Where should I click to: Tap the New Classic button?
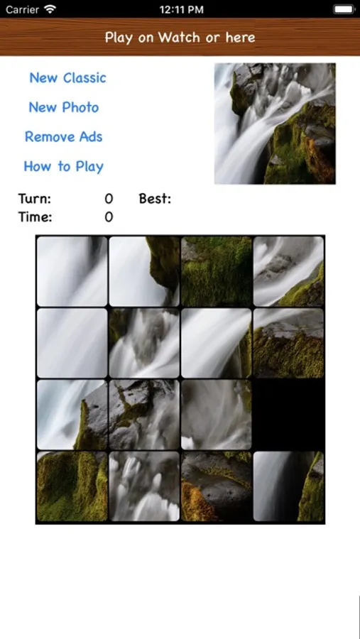click(67, 77)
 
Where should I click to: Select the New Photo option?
click(64, 107)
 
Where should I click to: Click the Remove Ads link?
click(64, 136)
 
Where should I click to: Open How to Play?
click(64, 166)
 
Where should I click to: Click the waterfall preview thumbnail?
click(275, 124)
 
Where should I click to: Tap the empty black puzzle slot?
click(289, 415)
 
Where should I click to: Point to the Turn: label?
click(35, 199)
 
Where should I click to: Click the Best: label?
click(155, 199)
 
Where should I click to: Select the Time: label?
click(35, 217)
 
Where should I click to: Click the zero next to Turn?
click(109, 199)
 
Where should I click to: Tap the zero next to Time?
click(109, 217)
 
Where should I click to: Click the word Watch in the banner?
click(180, 37)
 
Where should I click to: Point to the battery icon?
click(344, 9)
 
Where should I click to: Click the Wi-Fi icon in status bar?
click(50, 9)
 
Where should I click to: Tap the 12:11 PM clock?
click(182, 9)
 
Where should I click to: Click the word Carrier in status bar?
click(22, 9)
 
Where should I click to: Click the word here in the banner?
click(241, 37)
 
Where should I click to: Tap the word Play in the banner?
click(119, 38)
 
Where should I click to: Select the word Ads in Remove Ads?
click(92, 136)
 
